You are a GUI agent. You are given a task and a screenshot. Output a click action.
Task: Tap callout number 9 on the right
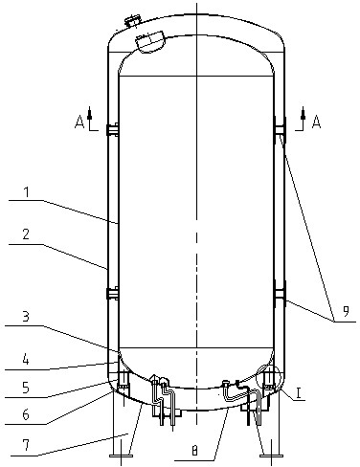[x=335, y=310]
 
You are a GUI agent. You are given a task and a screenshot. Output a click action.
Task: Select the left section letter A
[x=80, y=122]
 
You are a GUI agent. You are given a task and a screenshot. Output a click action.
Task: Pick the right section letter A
[x=317, y=122]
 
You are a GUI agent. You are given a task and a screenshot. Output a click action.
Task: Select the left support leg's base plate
[x=122, y=458]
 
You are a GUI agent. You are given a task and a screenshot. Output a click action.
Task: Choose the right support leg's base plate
[x=271, y=458]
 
